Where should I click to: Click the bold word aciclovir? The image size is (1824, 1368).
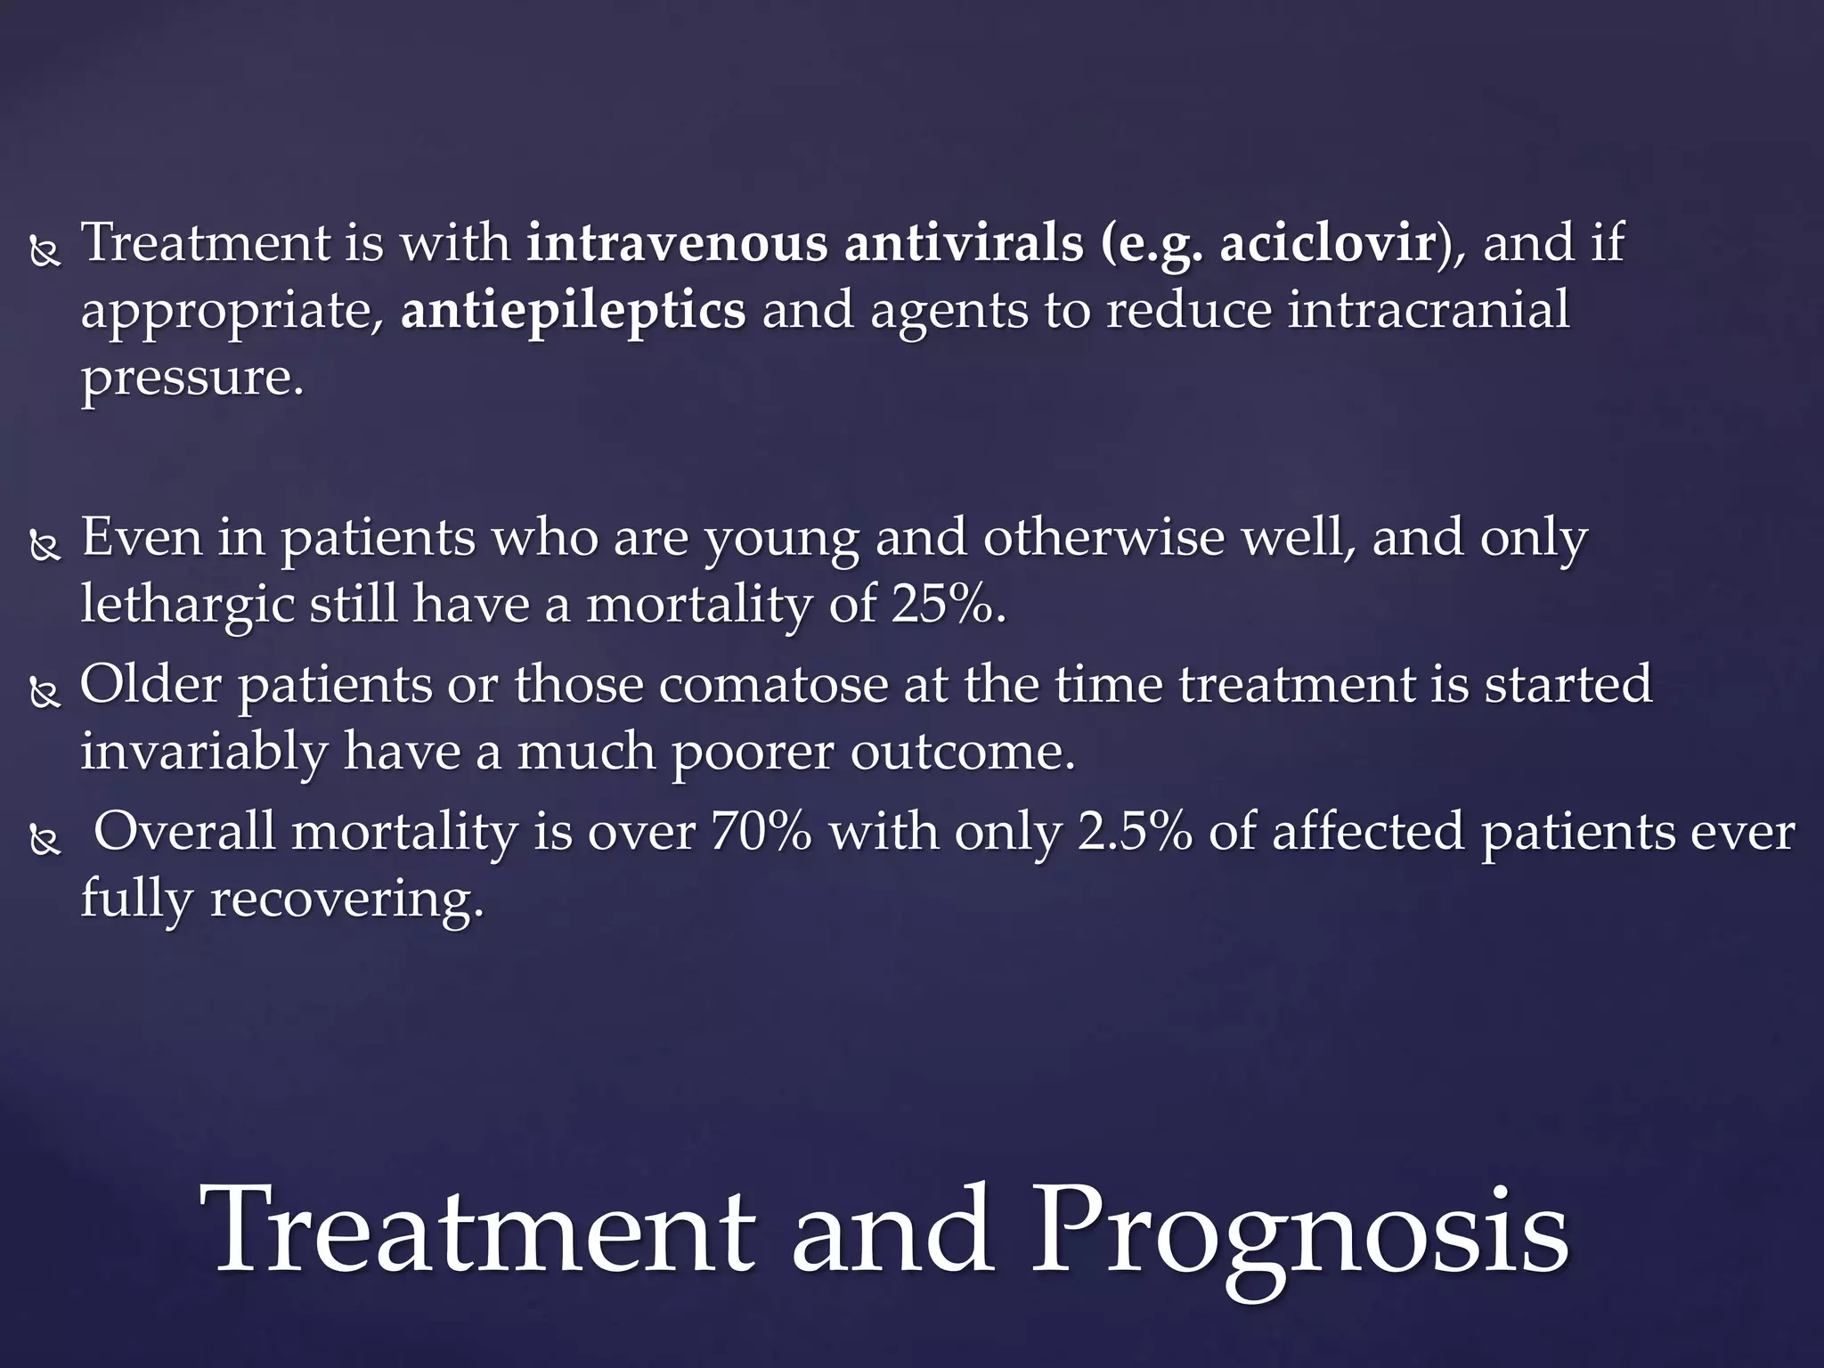[1326, 243]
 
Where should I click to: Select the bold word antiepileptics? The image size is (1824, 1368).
[573, 311]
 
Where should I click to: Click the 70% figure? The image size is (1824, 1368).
[761, 832]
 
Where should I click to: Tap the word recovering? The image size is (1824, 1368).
[346, 900]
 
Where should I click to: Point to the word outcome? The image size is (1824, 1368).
[962, 753]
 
